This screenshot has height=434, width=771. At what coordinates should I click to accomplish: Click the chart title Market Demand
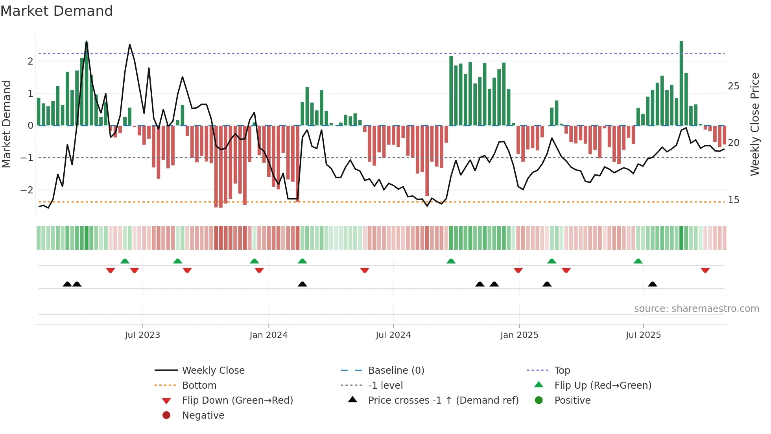(57, 11)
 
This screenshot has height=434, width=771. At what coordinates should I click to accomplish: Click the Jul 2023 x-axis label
(142, 335)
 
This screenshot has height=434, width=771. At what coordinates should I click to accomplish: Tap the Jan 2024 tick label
(268, 335)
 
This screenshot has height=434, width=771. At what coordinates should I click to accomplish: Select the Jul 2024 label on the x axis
(393, 335)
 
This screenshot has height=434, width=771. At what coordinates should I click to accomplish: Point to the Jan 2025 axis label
(519, 335)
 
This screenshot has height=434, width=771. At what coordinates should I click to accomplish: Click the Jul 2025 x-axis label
(643, 335)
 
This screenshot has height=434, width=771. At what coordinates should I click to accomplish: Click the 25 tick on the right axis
(733, 86)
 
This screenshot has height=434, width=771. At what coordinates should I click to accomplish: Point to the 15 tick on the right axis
(733, 200)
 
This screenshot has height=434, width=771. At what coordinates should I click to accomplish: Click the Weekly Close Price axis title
(754, 124)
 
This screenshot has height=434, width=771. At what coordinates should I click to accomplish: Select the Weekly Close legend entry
(213, 370)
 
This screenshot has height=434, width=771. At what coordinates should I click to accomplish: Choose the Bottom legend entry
(199, 385)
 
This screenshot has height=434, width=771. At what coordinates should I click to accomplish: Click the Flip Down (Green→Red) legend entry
(237, 400)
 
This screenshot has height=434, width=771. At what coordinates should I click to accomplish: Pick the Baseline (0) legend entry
(396, 370)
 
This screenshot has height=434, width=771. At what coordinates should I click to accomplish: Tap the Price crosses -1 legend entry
(443, 400)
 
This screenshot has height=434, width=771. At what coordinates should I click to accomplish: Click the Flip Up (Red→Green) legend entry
(603, 385)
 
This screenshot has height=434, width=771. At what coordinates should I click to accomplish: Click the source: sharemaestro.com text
(696, 308)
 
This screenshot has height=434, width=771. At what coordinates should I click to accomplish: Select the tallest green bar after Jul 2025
(681, 83)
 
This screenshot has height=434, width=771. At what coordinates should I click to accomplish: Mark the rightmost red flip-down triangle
(705, 270)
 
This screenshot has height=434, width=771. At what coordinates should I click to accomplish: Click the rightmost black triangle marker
(652, 284)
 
